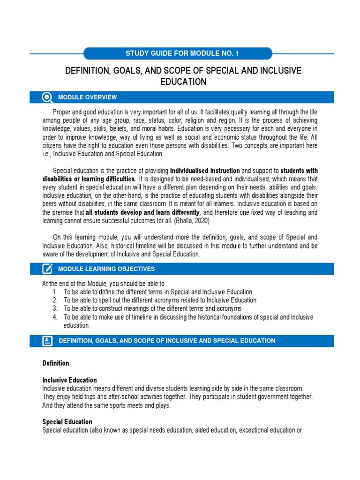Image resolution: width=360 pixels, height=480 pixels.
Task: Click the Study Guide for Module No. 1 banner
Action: tap(178, 53)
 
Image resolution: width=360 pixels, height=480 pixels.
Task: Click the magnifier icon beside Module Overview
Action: tap(47, 97)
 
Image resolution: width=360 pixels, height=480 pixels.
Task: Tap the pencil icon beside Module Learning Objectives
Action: tap(47, 269)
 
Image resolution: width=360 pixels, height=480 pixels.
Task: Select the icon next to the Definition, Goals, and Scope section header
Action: tap(47, 341)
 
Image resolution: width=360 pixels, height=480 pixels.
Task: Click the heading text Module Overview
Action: tap(87, 97)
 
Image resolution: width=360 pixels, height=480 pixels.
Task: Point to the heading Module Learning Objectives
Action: tap(106, 269)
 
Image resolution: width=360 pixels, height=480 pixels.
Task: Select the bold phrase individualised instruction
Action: tap(205, 170)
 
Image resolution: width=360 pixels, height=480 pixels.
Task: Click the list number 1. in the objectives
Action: tap(55, 292)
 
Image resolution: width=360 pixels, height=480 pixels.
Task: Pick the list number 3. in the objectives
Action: tap(55, 308)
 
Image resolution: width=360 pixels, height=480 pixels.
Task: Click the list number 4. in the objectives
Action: tap(55, 317)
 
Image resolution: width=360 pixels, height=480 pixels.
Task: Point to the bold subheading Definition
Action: tap(56, 363)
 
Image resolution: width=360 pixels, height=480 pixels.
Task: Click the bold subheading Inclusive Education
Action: tap(69, 380)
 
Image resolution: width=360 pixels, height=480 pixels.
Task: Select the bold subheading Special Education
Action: tap(67, 422)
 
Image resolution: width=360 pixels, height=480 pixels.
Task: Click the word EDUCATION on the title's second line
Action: tap(182, 82)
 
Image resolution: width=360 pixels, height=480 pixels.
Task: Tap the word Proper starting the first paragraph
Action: tap(62, 112)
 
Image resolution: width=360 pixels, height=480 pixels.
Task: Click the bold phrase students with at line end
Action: tap(299, 170)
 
